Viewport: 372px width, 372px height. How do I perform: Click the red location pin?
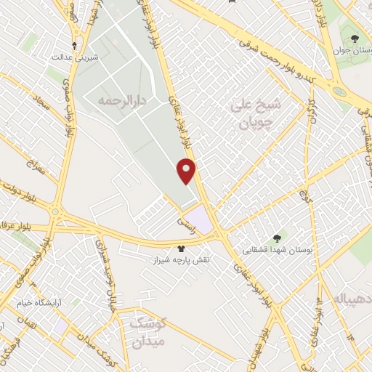click(187, 171)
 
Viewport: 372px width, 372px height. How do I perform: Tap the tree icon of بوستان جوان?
click(355, 39)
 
